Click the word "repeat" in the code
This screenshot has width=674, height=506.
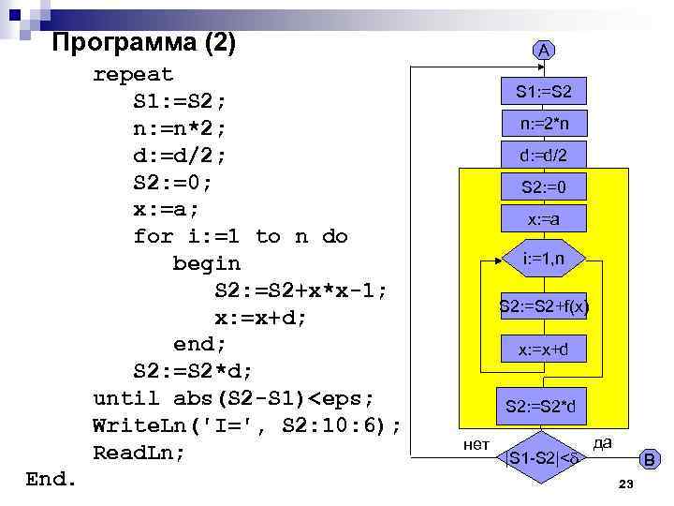133,74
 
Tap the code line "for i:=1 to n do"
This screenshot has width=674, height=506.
241,236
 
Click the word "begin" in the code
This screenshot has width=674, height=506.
207,263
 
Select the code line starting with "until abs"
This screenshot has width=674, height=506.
240,399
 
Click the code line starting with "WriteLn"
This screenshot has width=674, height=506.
247,426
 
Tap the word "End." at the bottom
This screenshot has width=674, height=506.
51,479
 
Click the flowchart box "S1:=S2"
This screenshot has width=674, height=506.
544,92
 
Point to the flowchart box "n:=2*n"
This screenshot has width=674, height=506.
544,124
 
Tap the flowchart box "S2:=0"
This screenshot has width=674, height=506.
544,187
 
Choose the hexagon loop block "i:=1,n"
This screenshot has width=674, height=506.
544,258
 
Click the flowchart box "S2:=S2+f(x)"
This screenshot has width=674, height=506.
544,305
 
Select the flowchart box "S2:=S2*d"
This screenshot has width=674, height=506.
544,407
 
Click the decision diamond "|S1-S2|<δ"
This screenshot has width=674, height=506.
544,457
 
